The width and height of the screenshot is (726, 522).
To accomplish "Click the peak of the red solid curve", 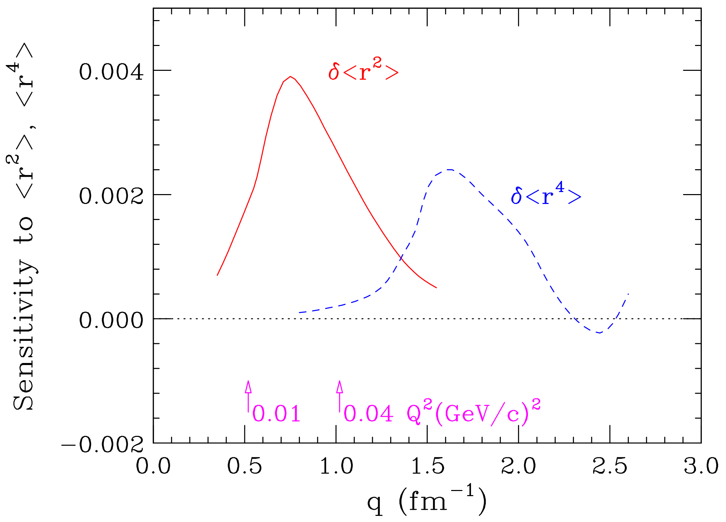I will click(290, 77).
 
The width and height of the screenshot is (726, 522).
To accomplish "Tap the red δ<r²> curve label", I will click(363, 70).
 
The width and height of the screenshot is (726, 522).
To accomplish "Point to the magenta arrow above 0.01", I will click(248, 395).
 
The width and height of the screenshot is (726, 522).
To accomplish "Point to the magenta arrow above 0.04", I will click(339, 395).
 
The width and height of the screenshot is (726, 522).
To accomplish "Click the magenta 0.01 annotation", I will click(276, 414).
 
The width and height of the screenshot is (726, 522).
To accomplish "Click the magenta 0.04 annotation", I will click(368, 414).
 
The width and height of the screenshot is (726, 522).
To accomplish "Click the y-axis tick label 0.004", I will click(111, 72).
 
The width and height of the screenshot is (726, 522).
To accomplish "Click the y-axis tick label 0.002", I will click(111, 196).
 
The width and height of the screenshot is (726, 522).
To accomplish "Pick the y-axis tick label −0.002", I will click(102, 444).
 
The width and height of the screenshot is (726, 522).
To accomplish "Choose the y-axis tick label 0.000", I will click(111, 320).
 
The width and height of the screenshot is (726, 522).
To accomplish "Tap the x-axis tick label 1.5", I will click(428, 466).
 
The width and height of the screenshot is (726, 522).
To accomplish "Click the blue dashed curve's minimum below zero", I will click(599, 333).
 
